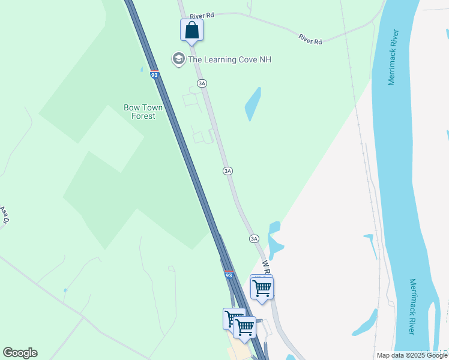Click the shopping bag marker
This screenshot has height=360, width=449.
pyautogui.click(x=191, y=30)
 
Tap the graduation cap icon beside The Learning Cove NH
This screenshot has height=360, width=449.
pyautogui.click(x=178, y=59)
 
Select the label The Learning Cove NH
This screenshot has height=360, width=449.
pyautogui.click(x=229, y=59)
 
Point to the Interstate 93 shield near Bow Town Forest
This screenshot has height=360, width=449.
pyautogui.click(x=154, y=75)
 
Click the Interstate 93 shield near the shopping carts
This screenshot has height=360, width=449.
pyautogui.click(x=229, y=275)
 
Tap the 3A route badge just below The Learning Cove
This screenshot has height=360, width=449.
pyautogui.click(x=202, y=83)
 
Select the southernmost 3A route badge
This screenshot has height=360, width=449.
pyautogui.click(x=254, y=239)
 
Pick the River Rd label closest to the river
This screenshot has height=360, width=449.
pyautogui.click(x=310, y=40)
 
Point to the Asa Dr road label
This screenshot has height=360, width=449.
pyautogui.click(x=5, y=215)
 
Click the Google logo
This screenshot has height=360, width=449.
pyautogui.click(x=20, y=353)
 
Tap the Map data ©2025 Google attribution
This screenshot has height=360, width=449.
pyautogui.click(x=412, y=355)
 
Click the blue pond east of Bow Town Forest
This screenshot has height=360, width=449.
pyautogui.click(x=253, y=104)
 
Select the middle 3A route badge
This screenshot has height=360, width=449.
pyautogui.click(x=228, y=171)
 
